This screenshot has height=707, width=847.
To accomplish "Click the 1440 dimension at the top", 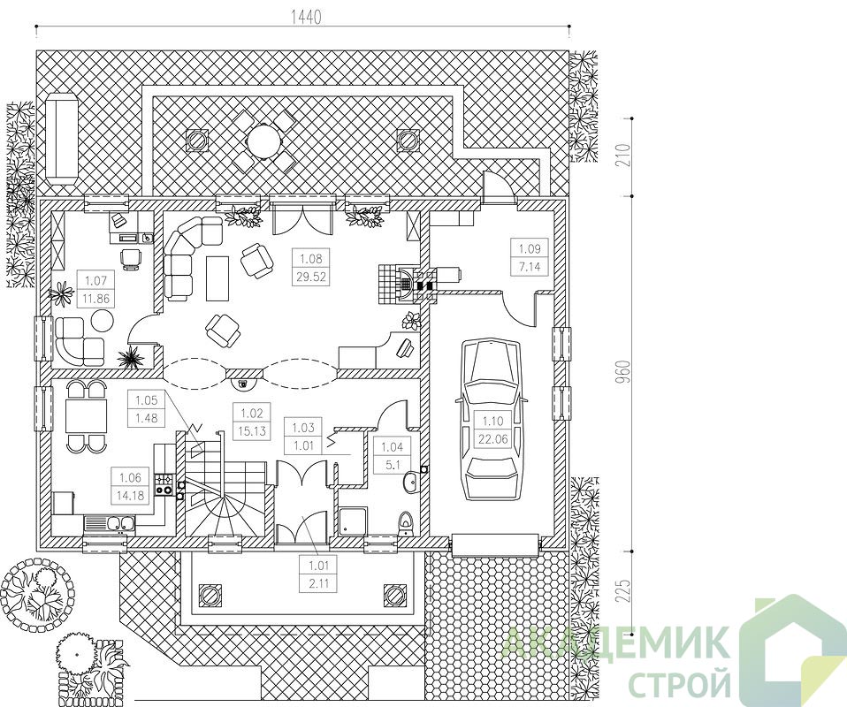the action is pyautogui.click(x=306, y=18).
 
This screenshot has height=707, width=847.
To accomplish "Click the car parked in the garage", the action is pyautogui.click(x=491, y=422).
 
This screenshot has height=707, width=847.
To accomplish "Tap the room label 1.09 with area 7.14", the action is pyautogui.click(x=530, y=256).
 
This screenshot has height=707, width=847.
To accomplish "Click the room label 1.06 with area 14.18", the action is pyautogui.click(x=130, y=486).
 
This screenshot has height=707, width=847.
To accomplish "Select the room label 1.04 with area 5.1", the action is pyautogui.click(x=393, y=455).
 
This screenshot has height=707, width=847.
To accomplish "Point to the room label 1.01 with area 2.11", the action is pyautogui.click(x=318, y=574).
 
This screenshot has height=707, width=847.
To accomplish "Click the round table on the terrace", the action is pyautogui.click(x=264, y=141).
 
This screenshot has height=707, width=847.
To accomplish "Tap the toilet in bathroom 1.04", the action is pyautogui.click(x=405, y=523).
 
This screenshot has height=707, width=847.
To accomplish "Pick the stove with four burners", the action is pyautogui.click(x=164, y=484).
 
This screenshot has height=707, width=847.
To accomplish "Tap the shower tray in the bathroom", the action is pyautogui.click(x=354, y=521).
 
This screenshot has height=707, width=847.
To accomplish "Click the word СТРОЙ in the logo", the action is pyautogui.click(x=681, y=681).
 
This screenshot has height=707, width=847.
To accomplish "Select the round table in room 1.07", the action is pyautogui.click(x=102, y=321).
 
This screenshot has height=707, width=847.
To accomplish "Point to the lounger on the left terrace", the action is pyautogui.click(x=62, y=139).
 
